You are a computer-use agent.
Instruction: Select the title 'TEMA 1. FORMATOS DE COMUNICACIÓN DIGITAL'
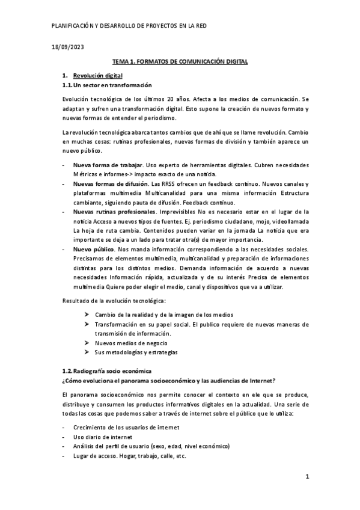(x=180, y=62)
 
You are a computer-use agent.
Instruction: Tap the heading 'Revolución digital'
(x=97, y=76)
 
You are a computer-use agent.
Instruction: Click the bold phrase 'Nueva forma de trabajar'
(x=108, y=165)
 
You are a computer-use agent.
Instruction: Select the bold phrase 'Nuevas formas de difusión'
(x=111, y=183)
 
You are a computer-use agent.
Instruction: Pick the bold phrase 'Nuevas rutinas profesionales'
(x=114, y=212)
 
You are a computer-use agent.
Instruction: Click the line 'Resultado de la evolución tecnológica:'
(x=115, y=300)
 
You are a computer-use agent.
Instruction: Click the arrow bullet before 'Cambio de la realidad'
(x=88, y=315)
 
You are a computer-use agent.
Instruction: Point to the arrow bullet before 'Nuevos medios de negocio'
(x=88, y=343)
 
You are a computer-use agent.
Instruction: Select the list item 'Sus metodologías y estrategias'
(x=136, y=352)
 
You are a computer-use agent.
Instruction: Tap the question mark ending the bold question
(x=275, y=380)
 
